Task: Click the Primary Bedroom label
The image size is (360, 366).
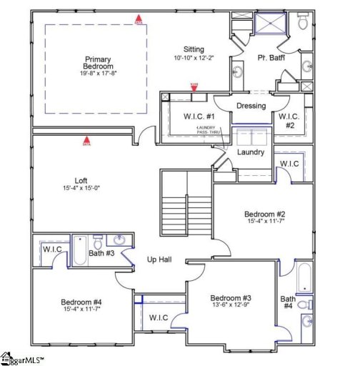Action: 99,63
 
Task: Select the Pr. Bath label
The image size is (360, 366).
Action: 272,57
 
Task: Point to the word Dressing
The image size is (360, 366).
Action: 251,106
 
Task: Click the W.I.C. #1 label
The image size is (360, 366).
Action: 182,117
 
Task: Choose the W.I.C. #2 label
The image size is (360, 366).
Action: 289,120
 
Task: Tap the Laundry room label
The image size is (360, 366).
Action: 250,152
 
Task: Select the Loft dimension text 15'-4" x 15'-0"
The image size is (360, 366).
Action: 81,189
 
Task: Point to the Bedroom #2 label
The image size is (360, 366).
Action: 265,214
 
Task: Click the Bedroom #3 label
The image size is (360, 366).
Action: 231,297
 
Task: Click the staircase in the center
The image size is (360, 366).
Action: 186,212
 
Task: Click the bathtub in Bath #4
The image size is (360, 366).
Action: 305,279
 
